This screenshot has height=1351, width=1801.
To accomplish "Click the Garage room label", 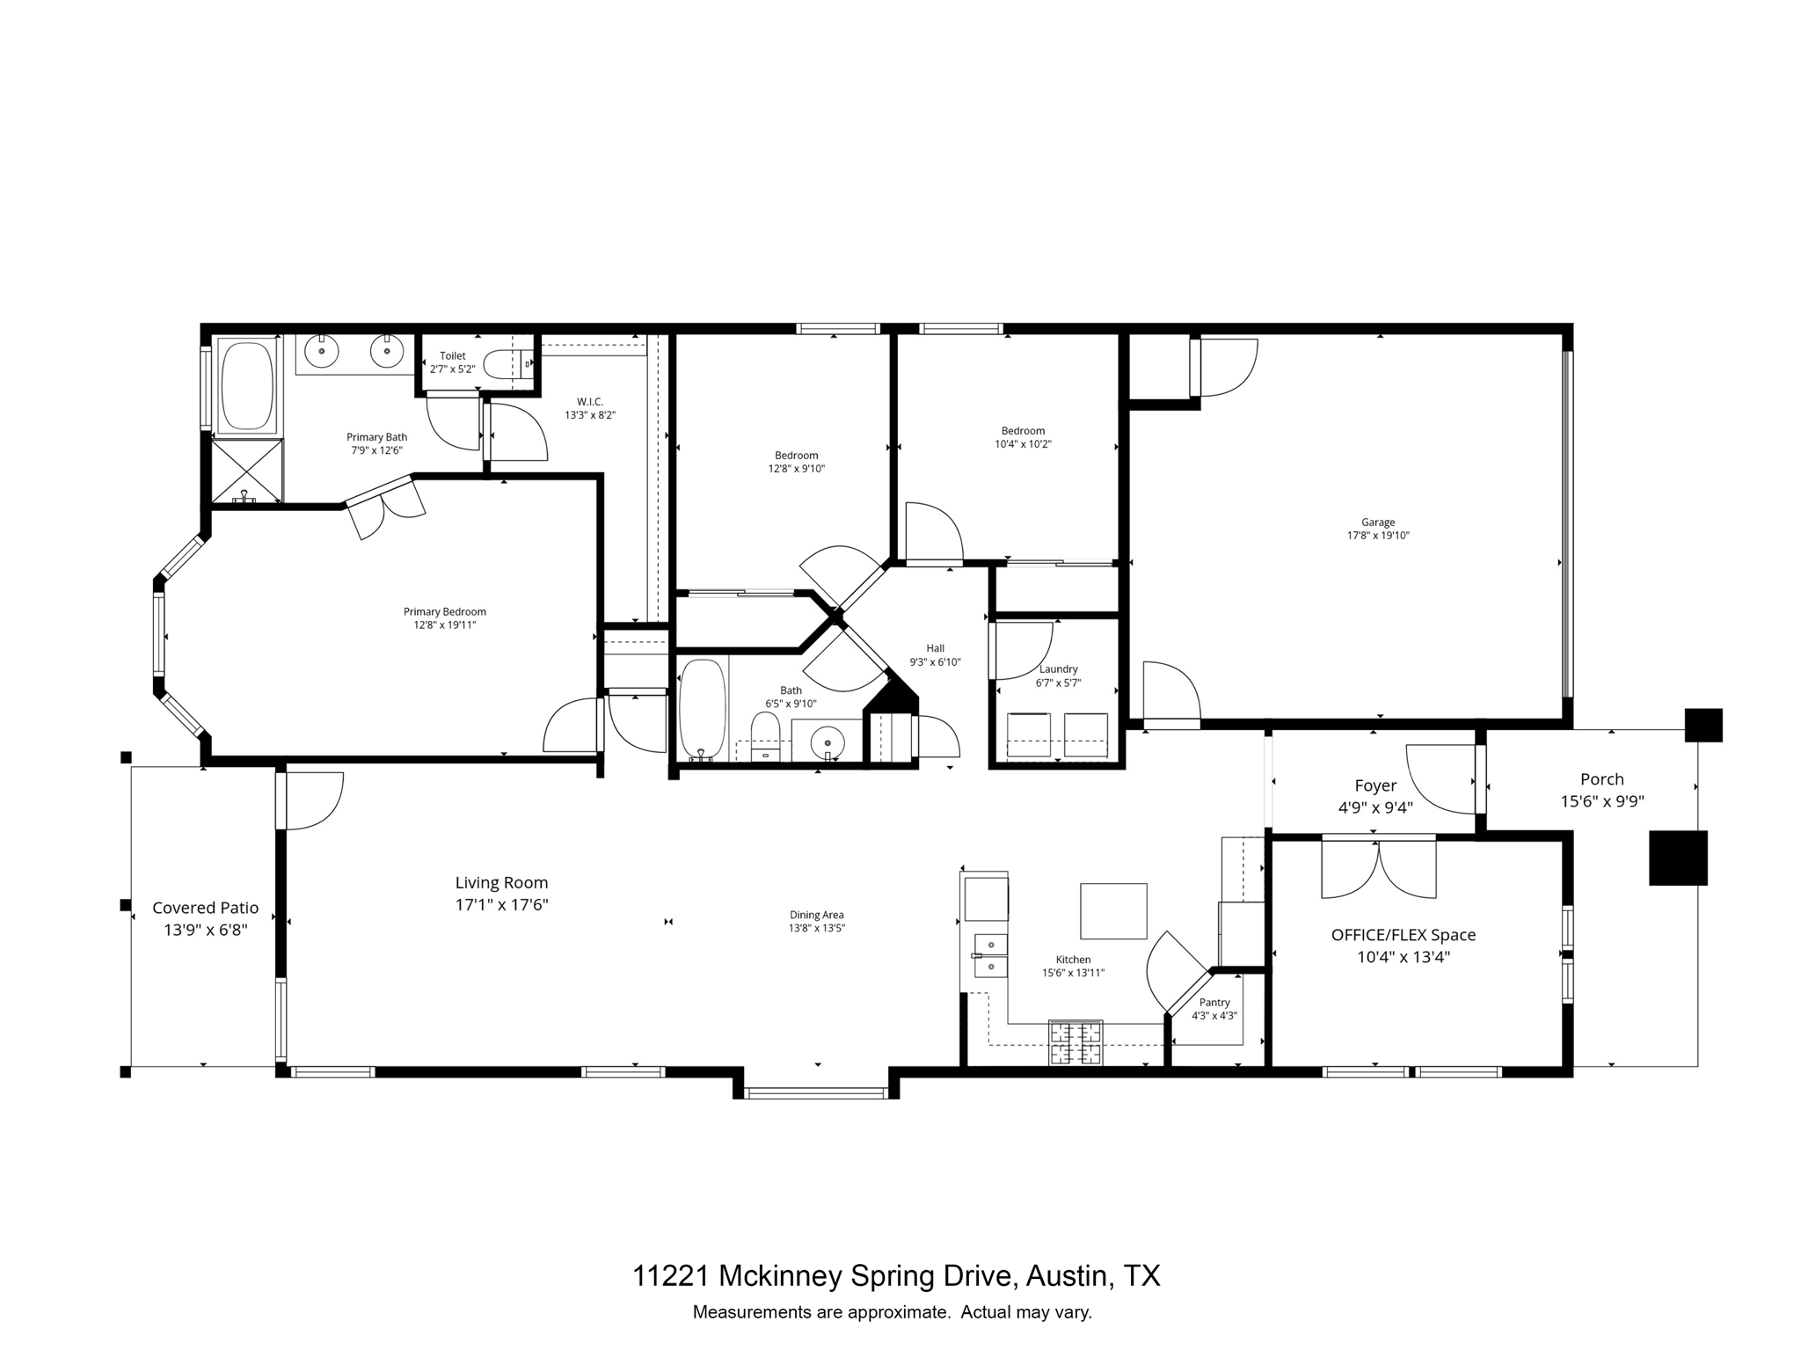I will tap(1378, 522).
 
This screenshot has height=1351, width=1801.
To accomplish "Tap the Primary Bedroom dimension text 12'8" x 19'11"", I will tap(445, 625).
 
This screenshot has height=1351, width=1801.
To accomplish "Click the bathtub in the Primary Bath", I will tap(247, 385).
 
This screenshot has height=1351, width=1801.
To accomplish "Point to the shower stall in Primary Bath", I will tap(247, 471).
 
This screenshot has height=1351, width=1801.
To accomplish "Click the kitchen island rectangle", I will tap(1113, 911).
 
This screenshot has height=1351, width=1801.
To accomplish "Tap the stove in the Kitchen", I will tap(1075, 1043).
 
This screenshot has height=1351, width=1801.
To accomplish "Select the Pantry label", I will tap(1214, 1003).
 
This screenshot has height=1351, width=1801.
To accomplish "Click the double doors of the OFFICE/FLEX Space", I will tap(1378, 869).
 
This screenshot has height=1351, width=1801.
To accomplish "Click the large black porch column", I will tap(1677, 858).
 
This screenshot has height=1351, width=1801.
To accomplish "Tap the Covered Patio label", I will tap(206, 908).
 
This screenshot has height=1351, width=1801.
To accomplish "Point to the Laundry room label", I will tap(1058, 669).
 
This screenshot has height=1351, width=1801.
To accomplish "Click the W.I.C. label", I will tap(589, 402).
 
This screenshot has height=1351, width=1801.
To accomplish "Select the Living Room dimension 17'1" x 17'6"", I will tap(501, 904).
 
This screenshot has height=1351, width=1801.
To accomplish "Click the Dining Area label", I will tap(816, 915).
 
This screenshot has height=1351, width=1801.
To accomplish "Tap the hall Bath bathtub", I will tap(703, 709).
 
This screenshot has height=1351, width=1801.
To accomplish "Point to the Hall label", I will tap(935, 648).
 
